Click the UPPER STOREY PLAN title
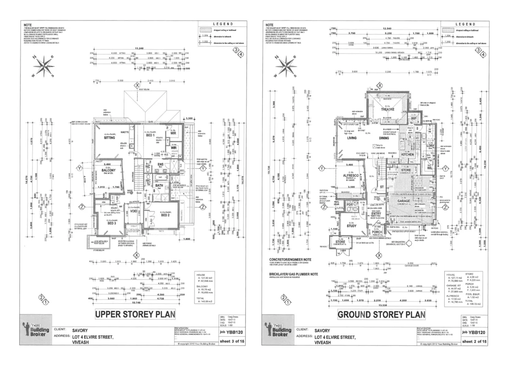[135, 314]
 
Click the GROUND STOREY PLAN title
[381, 315]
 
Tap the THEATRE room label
[388, 109]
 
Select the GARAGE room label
[404, 201]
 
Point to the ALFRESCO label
[351, 175]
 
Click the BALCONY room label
[109, 170]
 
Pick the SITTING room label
[110, 138]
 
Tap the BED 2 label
[165, 215]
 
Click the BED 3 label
[112, 224]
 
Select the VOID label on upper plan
[134, 211]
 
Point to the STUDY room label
[352, 226]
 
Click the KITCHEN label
[407, 154]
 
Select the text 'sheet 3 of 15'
[232, 341]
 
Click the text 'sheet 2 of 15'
[474, 341]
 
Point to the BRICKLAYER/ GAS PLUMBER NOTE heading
[294, 274]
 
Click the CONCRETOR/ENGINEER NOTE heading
[290, 260]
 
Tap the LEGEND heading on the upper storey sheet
[223, 24]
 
